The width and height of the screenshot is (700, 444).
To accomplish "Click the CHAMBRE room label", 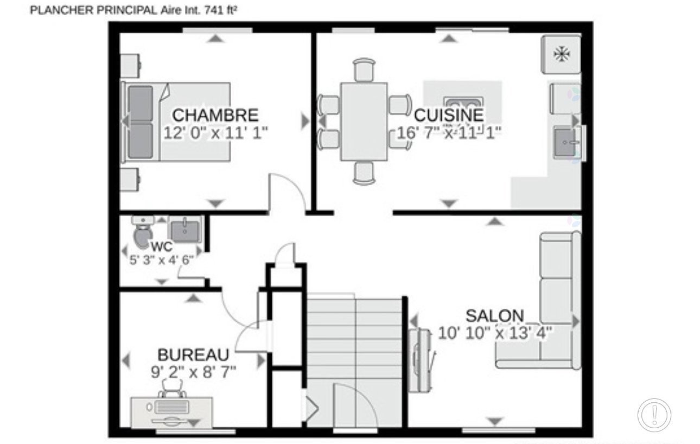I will (x=215, y=115).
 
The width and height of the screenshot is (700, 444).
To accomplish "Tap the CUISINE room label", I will (x=448, y=115).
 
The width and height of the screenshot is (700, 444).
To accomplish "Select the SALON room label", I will (x=495, y=315).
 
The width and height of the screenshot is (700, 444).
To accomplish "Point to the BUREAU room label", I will (x=193, y=355).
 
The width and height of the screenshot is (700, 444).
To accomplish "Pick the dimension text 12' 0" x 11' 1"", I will (x=216, y=133).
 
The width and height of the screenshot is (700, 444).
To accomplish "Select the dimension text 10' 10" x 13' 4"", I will (x=495, y=333).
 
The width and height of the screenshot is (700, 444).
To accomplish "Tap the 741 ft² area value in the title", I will (x=221, y=10).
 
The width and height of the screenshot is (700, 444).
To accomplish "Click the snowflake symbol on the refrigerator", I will (x=561, y=54).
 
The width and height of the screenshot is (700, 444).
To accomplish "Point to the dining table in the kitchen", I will (x=364, y=121).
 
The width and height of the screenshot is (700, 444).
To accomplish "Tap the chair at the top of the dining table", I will (x=364, y=69).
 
